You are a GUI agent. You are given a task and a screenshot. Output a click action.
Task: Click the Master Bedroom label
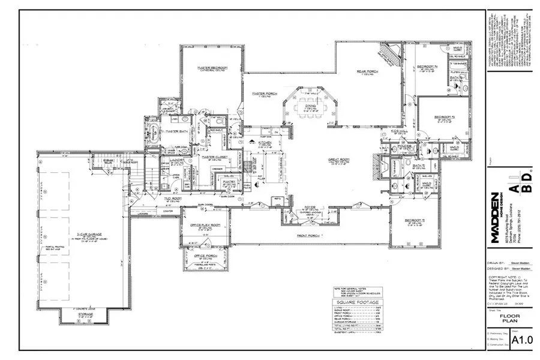(212, 68)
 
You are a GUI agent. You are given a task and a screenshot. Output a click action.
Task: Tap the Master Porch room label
(263, 94)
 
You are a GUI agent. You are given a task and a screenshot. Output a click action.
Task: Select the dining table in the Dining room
(310, 111)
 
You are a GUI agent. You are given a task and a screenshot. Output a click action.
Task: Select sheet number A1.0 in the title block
(521, 340)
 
